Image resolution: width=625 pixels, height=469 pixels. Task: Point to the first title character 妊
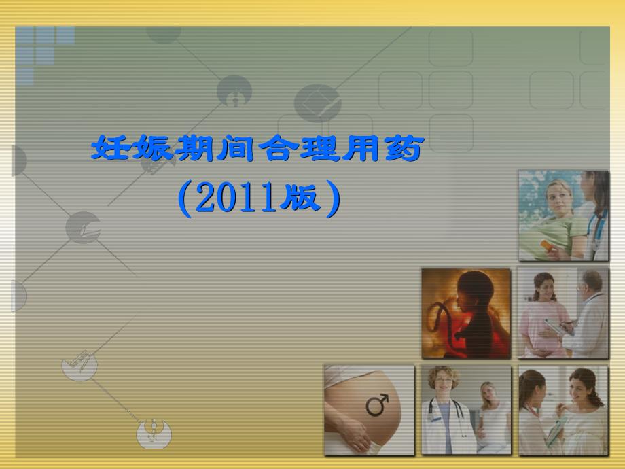click(112, 148)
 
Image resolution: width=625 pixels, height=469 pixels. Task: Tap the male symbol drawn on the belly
click(378, 404)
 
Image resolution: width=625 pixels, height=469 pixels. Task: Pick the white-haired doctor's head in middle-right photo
click(592, 283)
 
